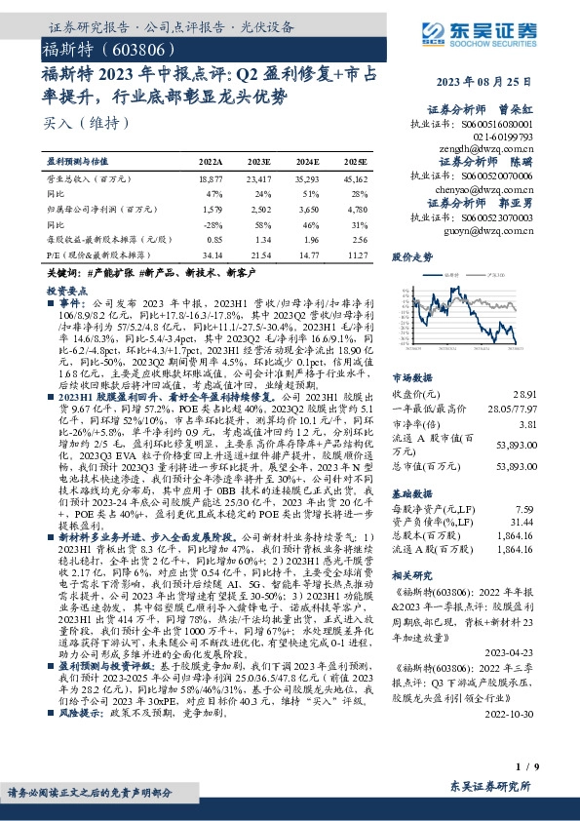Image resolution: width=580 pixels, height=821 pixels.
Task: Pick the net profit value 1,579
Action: [x=211, y=208]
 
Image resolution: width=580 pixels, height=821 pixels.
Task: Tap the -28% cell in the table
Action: [x=212, y=222]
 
